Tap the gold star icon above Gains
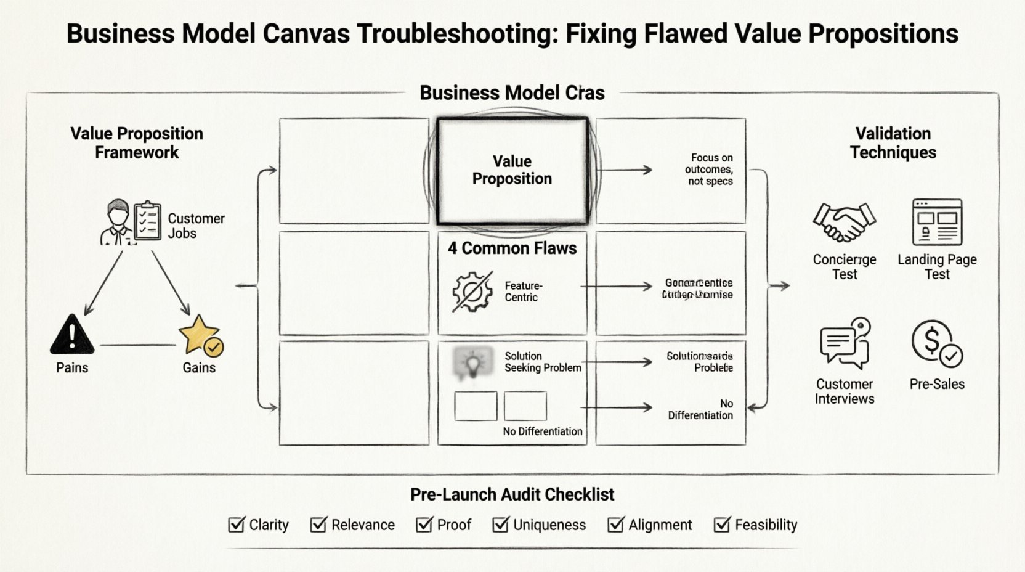point(199,334)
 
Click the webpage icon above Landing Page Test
point(937,223)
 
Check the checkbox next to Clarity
point(236,525)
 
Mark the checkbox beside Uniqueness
point(500,525)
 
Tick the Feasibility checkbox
point(721,525)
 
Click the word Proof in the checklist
point(454,525)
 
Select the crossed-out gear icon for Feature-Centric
point(472,292)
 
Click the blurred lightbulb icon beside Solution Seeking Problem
point(472,362)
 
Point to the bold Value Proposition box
point(512,171)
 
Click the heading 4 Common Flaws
point(512,248)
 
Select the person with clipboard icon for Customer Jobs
point(131,223)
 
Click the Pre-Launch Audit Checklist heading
point(512,494)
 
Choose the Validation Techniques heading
point(893,143)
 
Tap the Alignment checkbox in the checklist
point(615,525)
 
